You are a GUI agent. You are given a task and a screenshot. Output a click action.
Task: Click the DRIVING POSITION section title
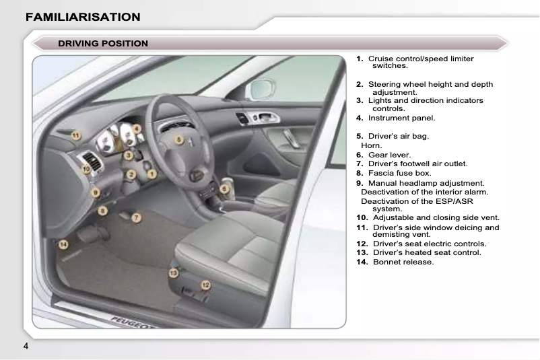tap(102, 44)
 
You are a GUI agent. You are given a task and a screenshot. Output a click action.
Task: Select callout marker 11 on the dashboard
tap(77, 136)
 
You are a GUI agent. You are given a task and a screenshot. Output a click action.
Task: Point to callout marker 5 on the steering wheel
tap(179, 139)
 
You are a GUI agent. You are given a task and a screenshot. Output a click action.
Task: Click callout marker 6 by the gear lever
tap(224, 189)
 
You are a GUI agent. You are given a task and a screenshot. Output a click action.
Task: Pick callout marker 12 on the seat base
tap(206, 285)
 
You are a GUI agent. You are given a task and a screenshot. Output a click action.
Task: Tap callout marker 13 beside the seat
tap(173, 273)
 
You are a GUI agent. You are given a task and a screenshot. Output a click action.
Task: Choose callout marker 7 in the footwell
tap(136, 218)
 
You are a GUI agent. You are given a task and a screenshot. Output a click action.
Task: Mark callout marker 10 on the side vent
tap(86, 170)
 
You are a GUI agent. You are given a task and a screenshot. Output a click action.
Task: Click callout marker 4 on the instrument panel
tap(137, 128)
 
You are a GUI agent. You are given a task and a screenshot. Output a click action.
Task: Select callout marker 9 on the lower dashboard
tap(96, 192)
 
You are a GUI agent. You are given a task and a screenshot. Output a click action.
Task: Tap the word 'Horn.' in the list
tap(372, 145)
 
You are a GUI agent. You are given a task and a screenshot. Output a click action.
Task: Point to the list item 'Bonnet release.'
tap(403, 262)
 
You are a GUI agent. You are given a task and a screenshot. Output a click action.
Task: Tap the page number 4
tap(26, 347)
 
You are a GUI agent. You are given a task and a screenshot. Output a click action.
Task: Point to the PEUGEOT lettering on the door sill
tap(125, 320)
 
